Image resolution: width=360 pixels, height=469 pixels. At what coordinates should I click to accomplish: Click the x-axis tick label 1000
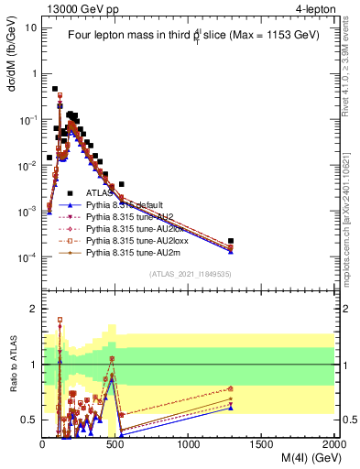(x=189, y=444)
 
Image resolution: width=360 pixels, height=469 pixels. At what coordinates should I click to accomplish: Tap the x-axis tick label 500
(x=115, y=444)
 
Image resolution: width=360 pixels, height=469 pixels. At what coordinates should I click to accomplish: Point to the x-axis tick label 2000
(x=333, y=444)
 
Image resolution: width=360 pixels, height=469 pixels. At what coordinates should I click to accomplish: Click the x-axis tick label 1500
(x=262, y=444)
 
